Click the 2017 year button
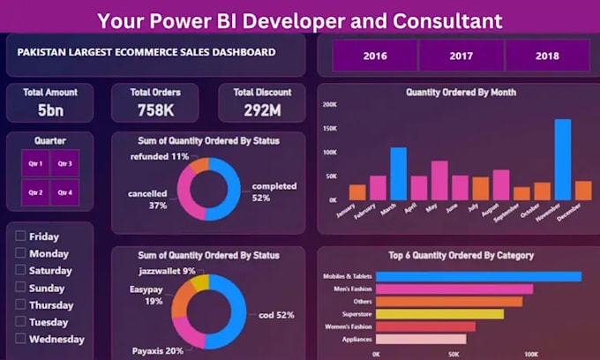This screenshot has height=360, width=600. pyautogui.click(x=461, y=56)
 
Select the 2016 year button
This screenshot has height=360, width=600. pyautogui.click(x=375, y=56)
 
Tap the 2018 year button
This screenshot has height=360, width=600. pyautogui.click(x=546, y=56)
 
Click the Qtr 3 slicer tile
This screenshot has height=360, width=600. pyautogui.click(x=64, y=164)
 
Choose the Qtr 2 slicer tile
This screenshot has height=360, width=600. pyautogui.click(x=35, y=192)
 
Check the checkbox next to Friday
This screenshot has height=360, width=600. pyautogui.click(x=20, y=236)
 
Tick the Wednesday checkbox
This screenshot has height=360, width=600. pyautogui.click(x=20, y=339)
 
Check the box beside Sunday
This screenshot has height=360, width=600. pyautogui.click(x=20, y=288)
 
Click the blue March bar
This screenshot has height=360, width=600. pyautogui.click(x=398, y=174)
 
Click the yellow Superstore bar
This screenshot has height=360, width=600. pyautogui.click(x=439, y=313)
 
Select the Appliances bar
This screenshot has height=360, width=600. pyautogui.click(x=421, y=339)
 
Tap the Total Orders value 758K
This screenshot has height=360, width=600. pyautogui.click(x=155, y=110)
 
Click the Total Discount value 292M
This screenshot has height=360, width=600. pyautogui.click(x=262, y=110)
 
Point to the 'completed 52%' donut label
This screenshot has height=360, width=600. pyautogui.click(x=274, y=192)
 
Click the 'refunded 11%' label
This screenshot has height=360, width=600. pyautogui.click(x=160, y=156)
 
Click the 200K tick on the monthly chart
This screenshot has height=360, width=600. pyautogui.click(x=328, y=105)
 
